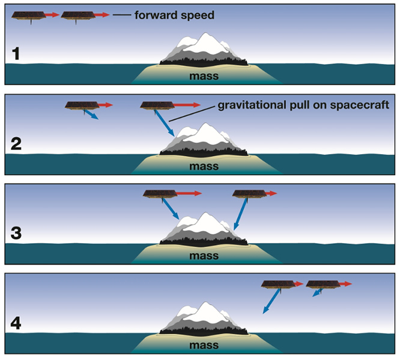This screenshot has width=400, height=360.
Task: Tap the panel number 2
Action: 18,145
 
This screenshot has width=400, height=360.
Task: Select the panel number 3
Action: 18,233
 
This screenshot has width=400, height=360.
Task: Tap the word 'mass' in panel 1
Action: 204,77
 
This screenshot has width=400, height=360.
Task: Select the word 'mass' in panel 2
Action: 204,166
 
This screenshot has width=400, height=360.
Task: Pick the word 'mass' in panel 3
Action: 204,256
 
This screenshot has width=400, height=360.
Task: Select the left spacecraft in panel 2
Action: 82,106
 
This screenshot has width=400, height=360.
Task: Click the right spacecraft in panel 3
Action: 249,194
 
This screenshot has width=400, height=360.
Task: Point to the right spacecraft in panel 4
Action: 323,284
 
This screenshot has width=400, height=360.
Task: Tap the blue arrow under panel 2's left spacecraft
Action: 90,115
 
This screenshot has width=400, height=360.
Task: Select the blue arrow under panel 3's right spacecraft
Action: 241,214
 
